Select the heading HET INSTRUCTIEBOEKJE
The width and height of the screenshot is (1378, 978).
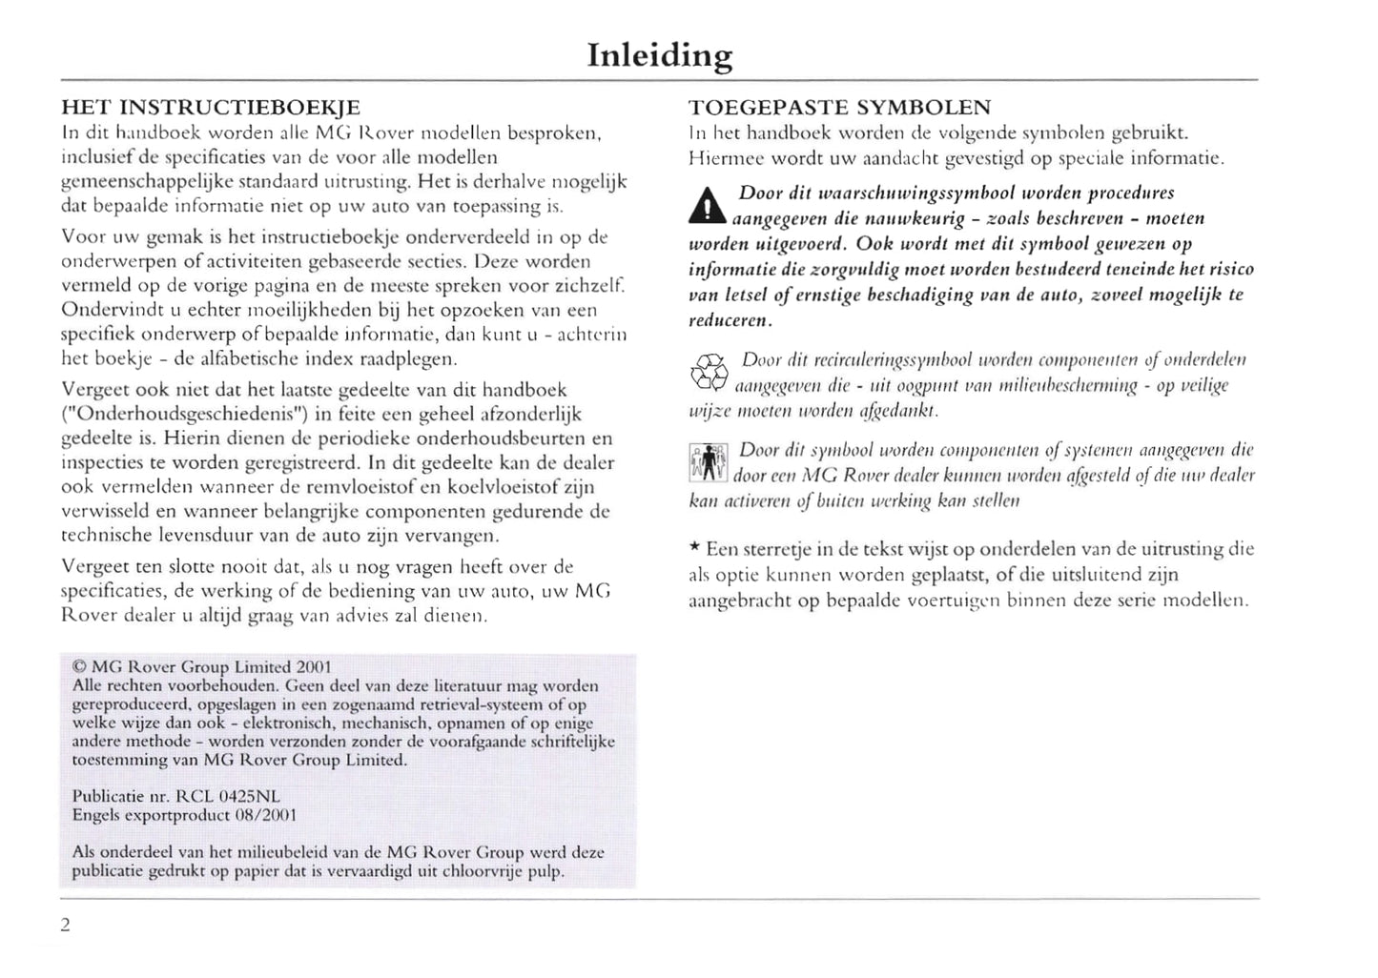[211, 107]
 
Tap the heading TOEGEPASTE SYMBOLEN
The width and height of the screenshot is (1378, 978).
[839, 107]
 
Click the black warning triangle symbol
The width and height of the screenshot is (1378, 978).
[707, 205]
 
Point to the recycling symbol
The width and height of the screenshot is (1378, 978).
[709, 372]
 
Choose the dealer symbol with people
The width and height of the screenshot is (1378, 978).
[708, 462]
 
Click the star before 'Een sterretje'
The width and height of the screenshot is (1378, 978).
[695, 548]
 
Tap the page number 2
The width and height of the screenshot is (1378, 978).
[65, 925]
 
